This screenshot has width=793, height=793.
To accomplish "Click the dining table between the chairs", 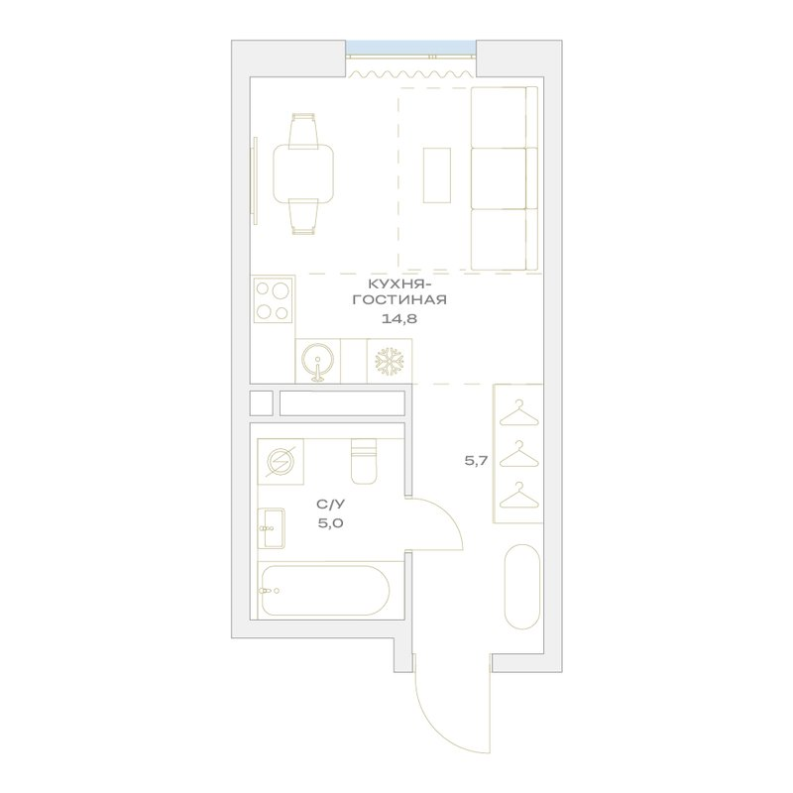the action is pyautogui.click(x=303, y=172).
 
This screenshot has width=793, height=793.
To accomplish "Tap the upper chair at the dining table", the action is pyautogui.click(x=303, y=131).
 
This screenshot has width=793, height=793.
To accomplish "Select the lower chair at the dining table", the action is pyautogui.click(x=303, y=216).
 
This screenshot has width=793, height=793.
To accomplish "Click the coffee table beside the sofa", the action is pyautogui.click(x=437, y=175).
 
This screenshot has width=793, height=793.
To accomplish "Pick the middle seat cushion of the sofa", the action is pyautogui.click(x=500, y=178).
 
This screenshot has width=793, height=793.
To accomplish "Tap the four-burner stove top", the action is pyautogui.click(x=273, y=300).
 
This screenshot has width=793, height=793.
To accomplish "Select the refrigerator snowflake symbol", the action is pyautogui.click(x=390, y=361).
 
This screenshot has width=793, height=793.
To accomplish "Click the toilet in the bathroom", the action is pyautogui.click(x=364, y=460).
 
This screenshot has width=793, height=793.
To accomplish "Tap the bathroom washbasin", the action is pyautogui.click(x=271, y=528).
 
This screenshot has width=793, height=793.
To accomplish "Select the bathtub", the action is pyautogui.click(x=324, y=590).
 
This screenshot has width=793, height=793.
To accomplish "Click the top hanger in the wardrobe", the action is pyautogui.click(x=518, y=413).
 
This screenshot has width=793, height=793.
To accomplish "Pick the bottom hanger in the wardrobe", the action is pyautogui.click(x=518, y=495).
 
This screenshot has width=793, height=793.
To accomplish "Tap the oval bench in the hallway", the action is pyautogui.click(x=522, y=587).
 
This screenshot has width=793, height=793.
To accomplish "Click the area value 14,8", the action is pyautogui.click(x=399, y=318).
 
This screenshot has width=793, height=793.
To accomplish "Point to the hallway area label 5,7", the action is pyautogui.click(x=476, y=460).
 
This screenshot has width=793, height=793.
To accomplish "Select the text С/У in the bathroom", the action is pyautogui.click(x=330, y=505).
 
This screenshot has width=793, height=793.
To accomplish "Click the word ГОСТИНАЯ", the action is pyautogui.click(x=399, y=300).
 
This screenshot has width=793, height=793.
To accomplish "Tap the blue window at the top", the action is pyautogui.click(x=410, y=47).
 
